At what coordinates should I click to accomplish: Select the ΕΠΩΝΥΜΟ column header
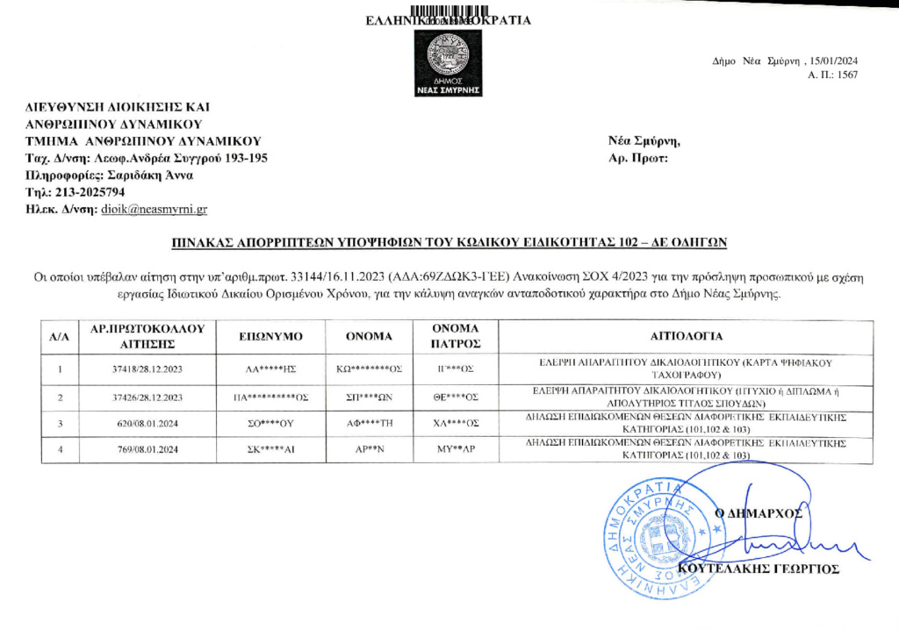[270, 336]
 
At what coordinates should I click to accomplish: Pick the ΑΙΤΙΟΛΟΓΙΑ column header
[687, 336]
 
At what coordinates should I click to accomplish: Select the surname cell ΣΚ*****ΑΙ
[270, 451]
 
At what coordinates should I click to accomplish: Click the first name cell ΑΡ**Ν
[369, 451]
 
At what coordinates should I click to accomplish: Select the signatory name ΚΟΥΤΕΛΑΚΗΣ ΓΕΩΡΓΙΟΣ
[759, 569]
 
